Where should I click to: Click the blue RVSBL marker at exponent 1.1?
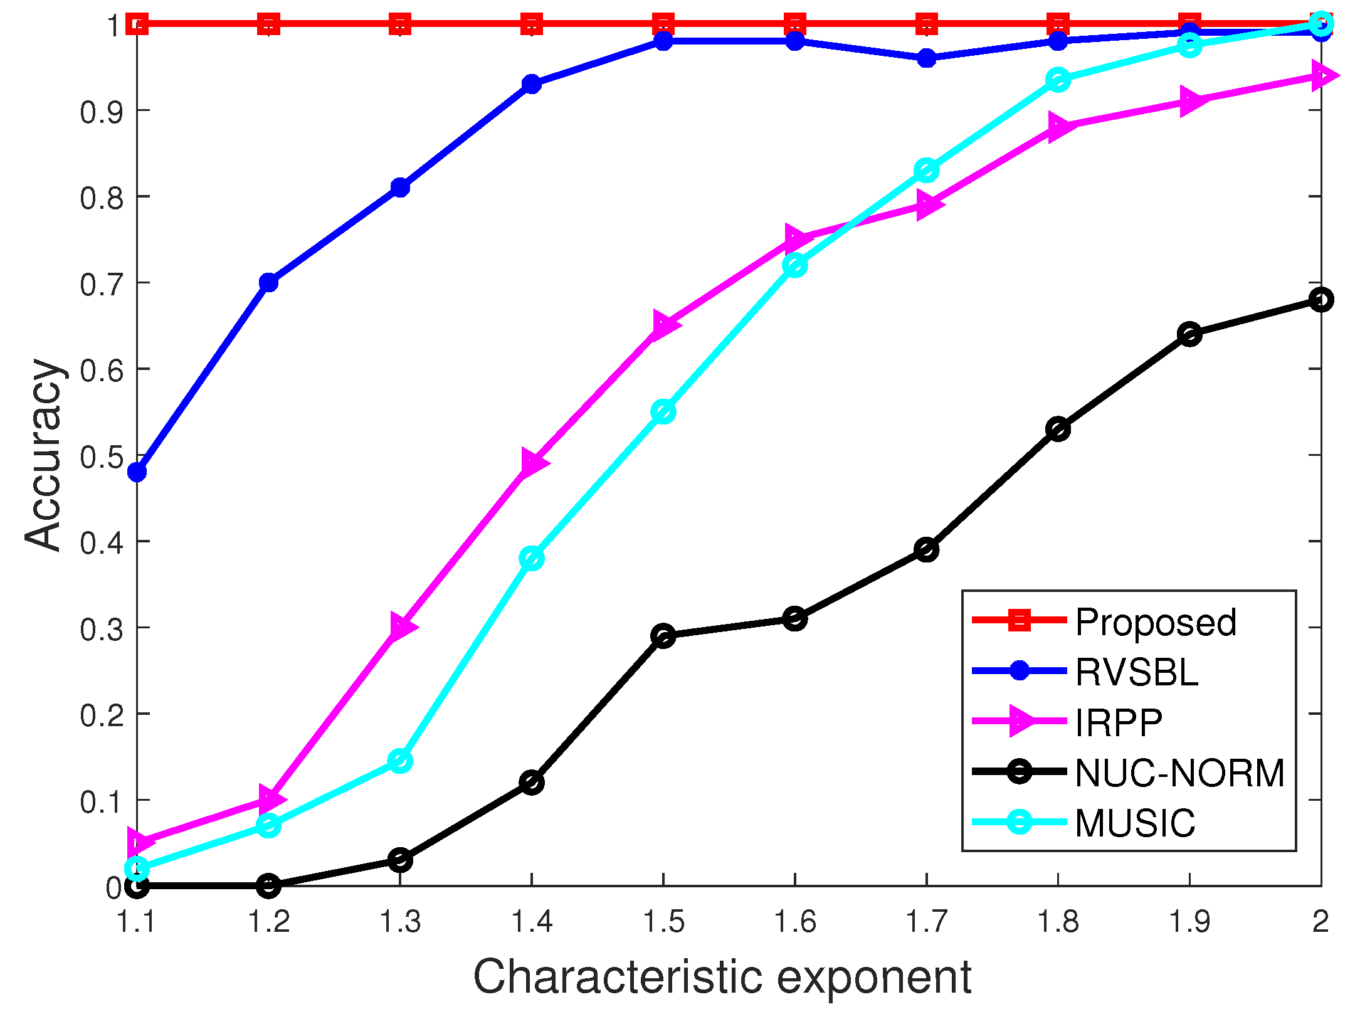(137, 472)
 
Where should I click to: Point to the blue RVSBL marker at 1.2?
(268, 282)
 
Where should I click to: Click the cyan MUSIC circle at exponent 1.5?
(663, 412)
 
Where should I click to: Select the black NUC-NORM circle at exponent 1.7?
(926, 550)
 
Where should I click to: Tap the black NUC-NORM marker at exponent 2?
(1321, 300)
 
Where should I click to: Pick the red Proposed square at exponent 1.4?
(532, 24)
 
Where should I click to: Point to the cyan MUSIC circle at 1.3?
(400, 761)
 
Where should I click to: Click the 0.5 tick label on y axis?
(100, 457)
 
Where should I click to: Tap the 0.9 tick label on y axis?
(100, 112)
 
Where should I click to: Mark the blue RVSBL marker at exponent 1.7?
(926, 58)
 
